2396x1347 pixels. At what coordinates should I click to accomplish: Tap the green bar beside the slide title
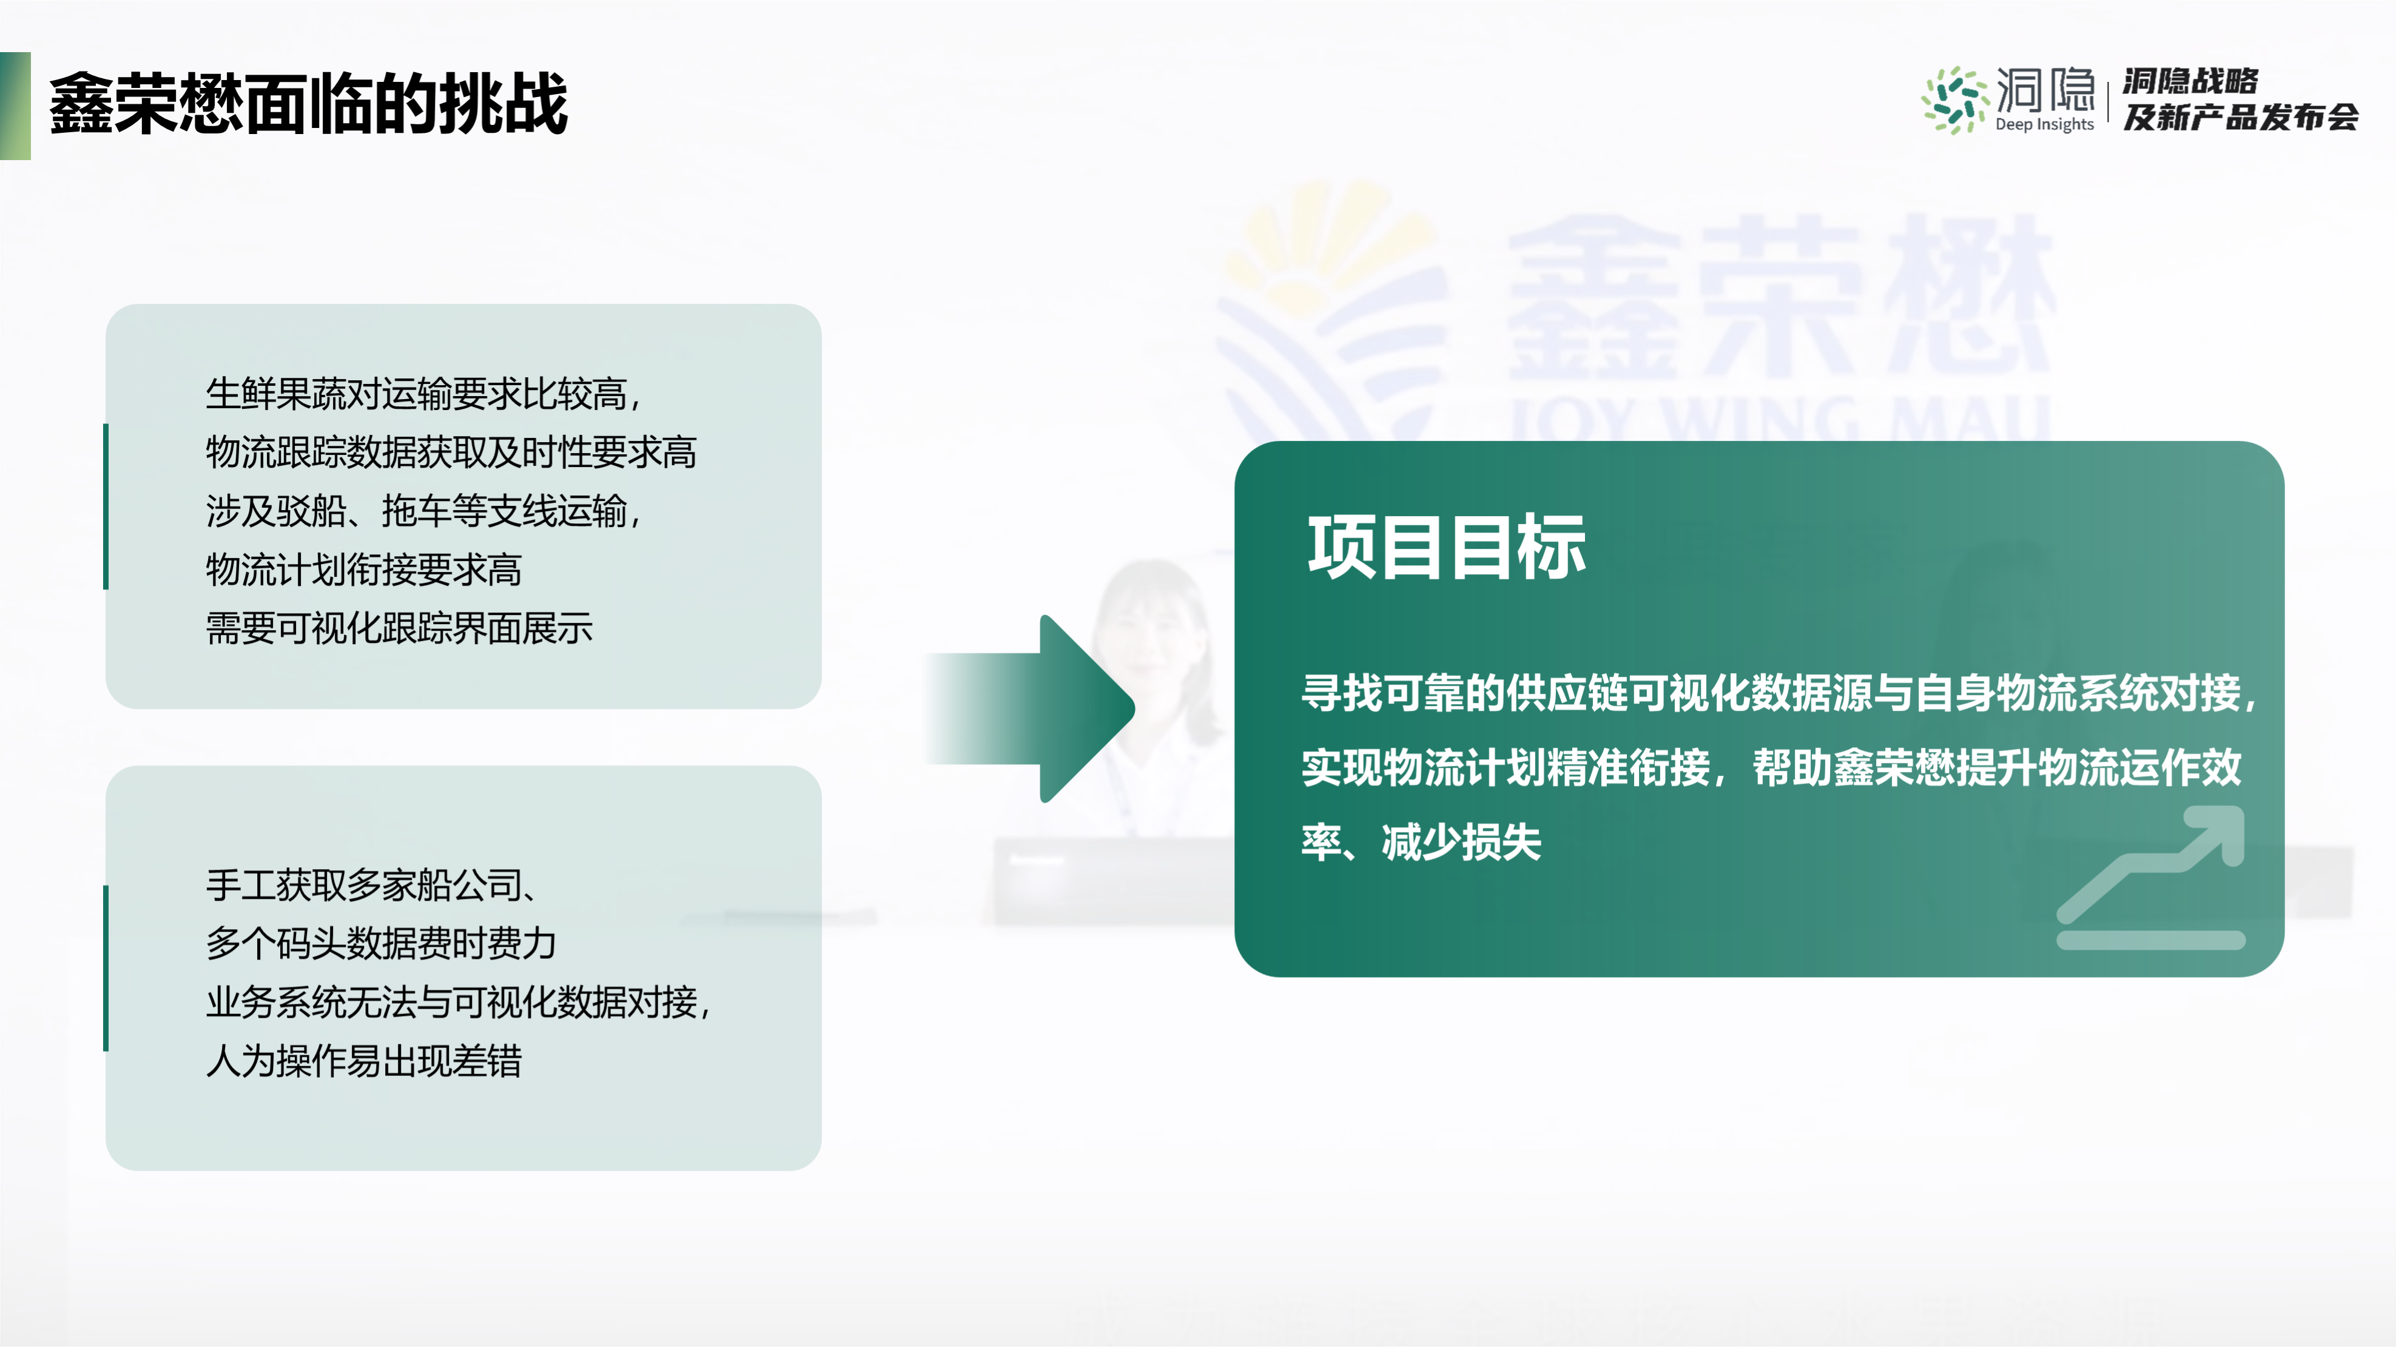click(x=15, y=105)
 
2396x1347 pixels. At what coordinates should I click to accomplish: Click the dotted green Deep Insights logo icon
click(x=1955, y=99)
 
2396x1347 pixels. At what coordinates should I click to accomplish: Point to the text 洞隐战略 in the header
click(x=2190, y=81)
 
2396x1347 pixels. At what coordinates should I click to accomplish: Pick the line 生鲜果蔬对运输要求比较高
click(x=423, y=394)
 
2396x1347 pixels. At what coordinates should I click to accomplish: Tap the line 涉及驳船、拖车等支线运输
click(x=423, y=511)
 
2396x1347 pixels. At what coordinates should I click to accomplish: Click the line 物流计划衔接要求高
click(x=364, y=569)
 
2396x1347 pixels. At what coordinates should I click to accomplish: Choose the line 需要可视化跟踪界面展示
click(x=399, y=628)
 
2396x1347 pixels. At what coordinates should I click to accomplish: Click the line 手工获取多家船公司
click(x=372, y=885)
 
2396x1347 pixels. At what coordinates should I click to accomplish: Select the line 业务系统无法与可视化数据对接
click(x=457, y=1002)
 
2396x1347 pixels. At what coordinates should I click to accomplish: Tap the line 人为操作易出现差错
click(x=364, y=1061)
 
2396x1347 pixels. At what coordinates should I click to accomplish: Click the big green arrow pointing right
click(x=1029, y=709)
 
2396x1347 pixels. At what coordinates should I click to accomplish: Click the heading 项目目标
click(x=1446, y=547)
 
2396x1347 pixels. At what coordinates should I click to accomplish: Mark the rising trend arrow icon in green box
click(x=2150, y=877)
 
